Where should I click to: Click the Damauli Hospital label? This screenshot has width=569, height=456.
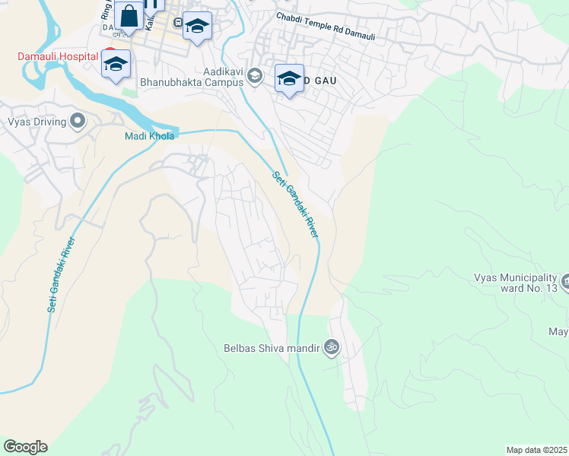tap(59, 57)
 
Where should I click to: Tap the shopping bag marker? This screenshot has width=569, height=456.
tap(129, 17)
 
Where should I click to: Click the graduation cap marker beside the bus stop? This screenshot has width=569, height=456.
tap(197, 27)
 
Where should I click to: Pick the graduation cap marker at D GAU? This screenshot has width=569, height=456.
tap(289, 78)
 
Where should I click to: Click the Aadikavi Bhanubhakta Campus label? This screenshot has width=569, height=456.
tap(191, 77)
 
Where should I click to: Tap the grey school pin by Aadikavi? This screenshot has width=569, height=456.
tap(255, 74)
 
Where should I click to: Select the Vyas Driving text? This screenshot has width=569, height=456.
tap(35, 121)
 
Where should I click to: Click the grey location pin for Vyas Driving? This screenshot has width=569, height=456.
tap(77, 121)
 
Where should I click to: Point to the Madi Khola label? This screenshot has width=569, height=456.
tap(150, 136)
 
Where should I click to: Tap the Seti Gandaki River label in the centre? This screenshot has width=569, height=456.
tap(294, 204)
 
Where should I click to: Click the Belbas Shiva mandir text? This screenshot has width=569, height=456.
tap(272, 349)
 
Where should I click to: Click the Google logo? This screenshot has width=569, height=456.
tap(25, 447)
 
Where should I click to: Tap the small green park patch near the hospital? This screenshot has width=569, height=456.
tap(127, 92)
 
